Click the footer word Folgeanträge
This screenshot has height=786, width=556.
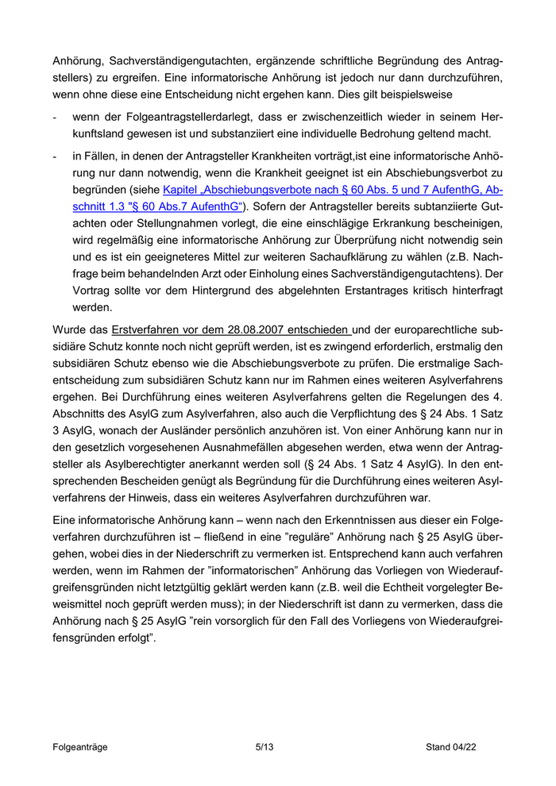(80, 747)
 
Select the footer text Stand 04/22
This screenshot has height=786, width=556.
(451, 747)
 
